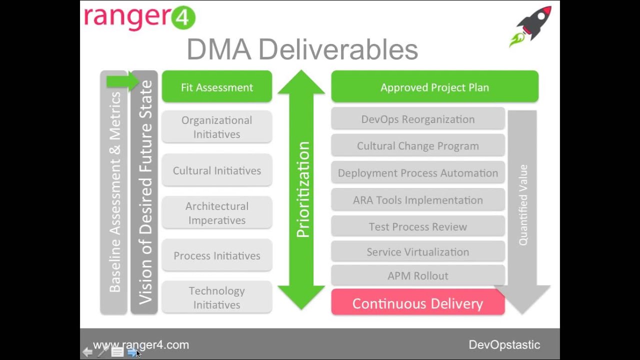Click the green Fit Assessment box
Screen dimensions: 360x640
[216, 87]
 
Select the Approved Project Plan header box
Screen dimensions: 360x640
[434, 87]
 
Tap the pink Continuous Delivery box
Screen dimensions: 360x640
[417, 303]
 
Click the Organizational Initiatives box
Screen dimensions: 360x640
[216, 127]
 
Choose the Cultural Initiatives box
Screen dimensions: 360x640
[216, 170]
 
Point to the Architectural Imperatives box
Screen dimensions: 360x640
[216, 213]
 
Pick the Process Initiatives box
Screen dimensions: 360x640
[216, 255]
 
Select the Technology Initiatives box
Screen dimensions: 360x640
[216, 297]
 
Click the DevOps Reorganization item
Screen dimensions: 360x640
[417, 119]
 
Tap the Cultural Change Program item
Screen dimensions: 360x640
[417, 146]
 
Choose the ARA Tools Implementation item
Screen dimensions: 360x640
[417, 200]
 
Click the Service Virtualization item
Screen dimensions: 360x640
[417, 252]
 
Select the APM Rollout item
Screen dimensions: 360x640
[417, 275]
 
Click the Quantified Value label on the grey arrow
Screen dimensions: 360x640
[523, 205]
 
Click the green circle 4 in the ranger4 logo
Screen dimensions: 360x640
[183, 18]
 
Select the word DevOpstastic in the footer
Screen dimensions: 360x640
[504, 345]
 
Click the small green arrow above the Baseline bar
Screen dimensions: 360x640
[122, 81]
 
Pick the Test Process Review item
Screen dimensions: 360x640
[417, 226]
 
